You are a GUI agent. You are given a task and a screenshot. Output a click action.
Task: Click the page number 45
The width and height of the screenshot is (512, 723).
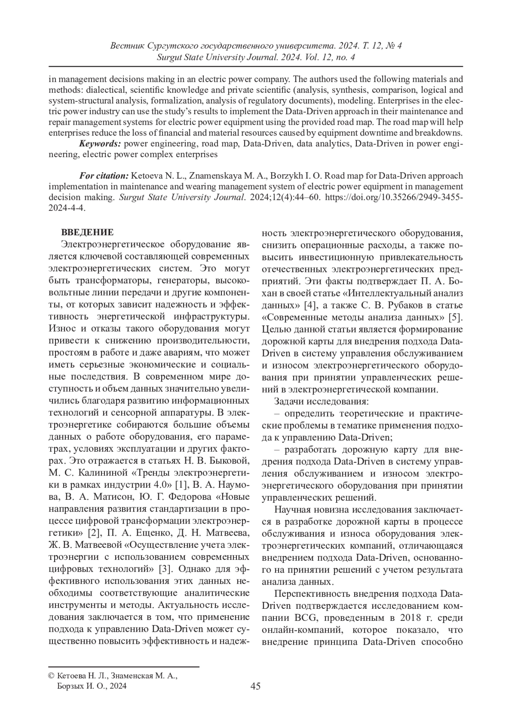click(256, 686)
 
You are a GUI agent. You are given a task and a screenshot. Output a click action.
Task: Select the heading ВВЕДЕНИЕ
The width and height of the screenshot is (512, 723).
click(87, 232)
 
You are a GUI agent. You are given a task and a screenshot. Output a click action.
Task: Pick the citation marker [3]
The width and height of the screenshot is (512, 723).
click(165, 569)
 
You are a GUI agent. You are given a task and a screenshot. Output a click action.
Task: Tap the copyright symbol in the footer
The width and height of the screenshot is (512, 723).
click(51, 675)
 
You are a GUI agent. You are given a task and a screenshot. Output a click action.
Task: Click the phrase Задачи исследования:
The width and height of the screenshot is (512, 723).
click(321, 401)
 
